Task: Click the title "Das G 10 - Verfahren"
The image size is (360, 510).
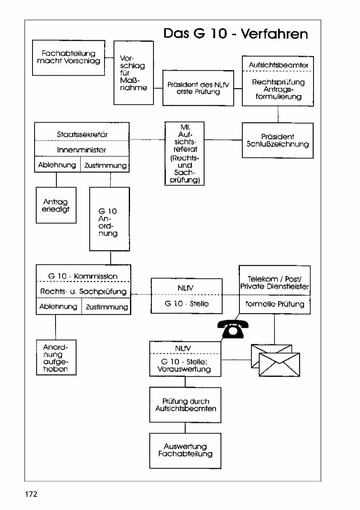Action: point(235,33)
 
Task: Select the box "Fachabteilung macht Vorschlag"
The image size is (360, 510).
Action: point(68,58)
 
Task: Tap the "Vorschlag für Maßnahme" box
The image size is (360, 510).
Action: point(133,73)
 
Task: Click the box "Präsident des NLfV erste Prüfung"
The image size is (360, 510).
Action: point(198,88)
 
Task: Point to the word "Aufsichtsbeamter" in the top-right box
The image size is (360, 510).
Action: point(278,65)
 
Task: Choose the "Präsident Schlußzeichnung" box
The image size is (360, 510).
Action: point(278,140)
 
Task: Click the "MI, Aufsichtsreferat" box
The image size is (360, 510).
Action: point(184,153)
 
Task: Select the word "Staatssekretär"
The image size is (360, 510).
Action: point(82,134)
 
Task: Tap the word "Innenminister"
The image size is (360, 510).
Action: point(82,150)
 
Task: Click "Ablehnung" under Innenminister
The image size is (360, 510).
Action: point(57,165)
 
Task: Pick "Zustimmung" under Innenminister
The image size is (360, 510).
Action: point(105,165)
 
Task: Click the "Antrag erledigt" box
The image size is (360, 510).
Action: point(56,205)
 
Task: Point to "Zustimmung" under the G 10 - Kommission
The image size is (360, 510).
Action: point(107,307)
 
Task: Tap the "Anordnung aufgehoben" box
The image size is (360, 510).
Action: point(56,357)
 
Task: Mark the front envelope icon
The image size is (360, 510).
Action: point(279,364)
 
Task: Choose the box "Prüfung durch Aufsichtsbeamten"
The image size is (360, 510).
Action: point(185,405)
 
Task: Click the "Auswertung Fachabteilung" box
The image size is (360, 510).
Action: point(185,450)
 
